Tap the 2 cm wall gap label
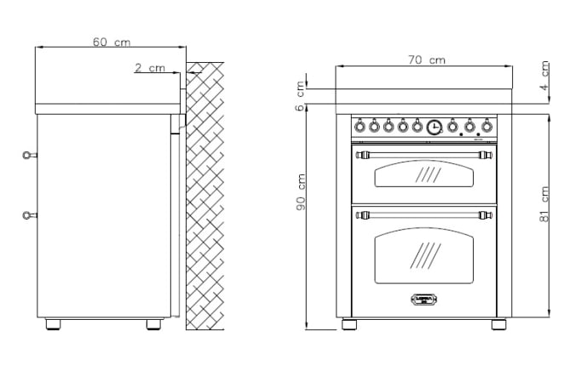click(x=150, y=68)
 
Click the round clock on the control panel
click(x=434, y=127)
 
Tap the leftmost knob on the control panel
click(x=360, y=127)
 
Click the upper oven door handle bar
click(x=425, y=155)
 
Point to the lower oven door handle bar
click(x=425, y=213)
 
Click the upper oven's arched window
click(x=425, y=175)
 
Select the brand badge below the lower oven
click(x=424, y=298)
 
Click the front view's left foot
click(x=350, y=324)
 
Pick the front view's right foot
click(x=498, y=324)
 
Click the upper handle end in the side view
click(x=29, y=155)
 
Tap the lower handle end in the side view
click(x=29, y=215)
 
